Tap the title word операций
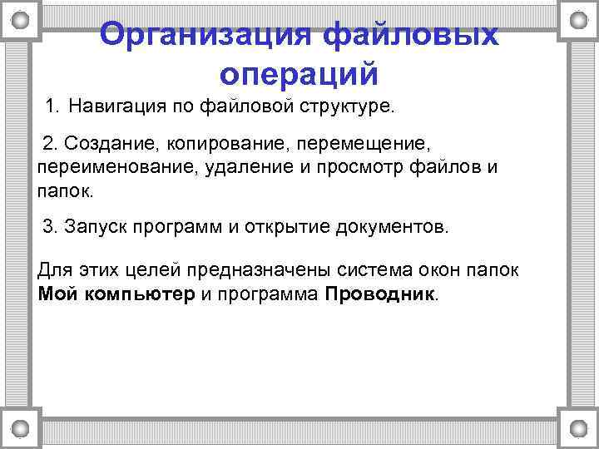(299, 74)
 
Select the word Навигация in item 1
(116, 106)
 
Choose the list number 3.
(49, 227)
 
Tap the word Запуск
(94, 227)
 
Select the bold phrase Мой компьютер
(116, 294)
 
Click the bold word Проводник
(379, 294)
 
